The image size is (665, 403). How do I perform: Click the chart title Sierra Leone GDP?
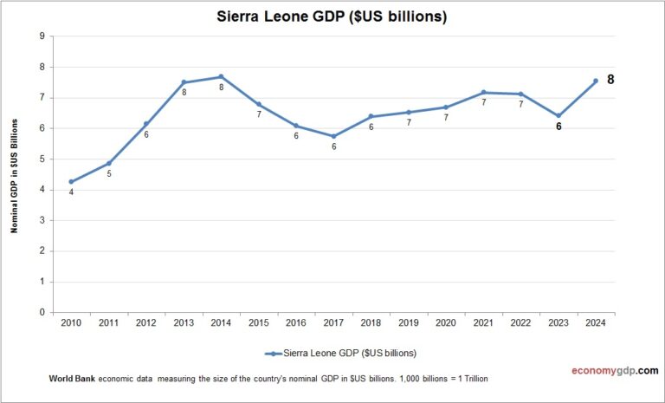(x=332, y=16)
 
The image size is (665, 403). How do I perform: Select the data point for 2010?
(x=71, y=182)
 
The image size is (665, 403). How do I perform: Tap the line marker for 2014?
(x=221, y=76)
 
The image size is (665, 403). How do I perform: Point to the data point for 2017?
(x=333, y=136)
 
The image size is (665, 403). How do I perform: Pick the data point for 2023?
(x=558, y=115)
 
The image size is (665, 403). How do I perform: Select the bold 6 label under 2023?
(x=558, y=127)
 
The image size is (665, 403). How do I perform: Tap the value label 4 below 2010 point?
(x=71, y=192)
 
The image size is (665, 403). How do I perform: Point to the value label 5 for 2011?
(x=108, y=174)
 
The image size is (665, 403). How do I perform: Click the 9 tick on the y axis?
(x=42, y=36)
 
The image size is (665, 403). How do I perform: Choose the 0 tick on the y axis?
(x=42, y=313)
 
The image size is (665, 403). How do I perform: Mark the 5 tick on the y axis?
(x=42, y=159)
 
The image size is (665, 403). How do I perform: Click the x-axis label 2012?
(x=145, y=323)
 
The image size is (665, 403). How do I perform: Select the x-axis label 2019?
(x=408, y=323)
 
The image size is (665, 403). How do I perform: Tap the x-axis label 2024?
(x=595, y=323)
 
